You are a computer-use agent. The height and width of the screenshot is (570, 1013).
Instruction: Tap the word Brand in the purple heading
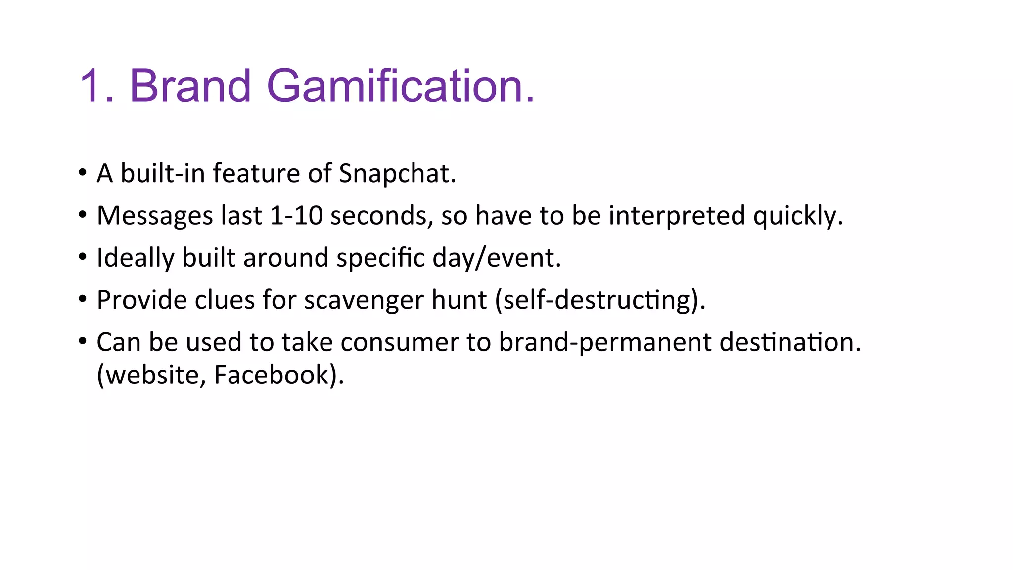click(x=190, y=87)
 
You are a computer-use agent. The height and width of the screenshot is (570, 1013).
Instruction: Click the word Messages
click(x=155, y=216)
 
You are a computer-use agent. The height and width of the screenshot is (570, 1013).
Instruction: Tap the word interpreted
click(x=677, y=216)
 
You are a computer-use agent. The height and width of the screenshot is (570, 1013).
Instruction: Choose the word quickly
click(x=797, y=216)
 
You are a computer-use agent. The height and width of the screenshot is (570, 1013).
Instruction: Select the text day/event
click(x=496, y=258)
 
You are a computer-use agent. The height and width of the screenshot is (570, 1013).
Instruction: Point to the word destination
click(x=790, y=342)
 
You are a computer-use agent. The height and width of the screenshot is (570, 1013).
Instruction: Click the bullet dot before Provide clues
click(x=83, y=299)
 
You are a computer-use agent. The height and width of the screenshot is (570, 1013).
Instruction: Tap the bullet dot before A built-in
click(x=83, y=173)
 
